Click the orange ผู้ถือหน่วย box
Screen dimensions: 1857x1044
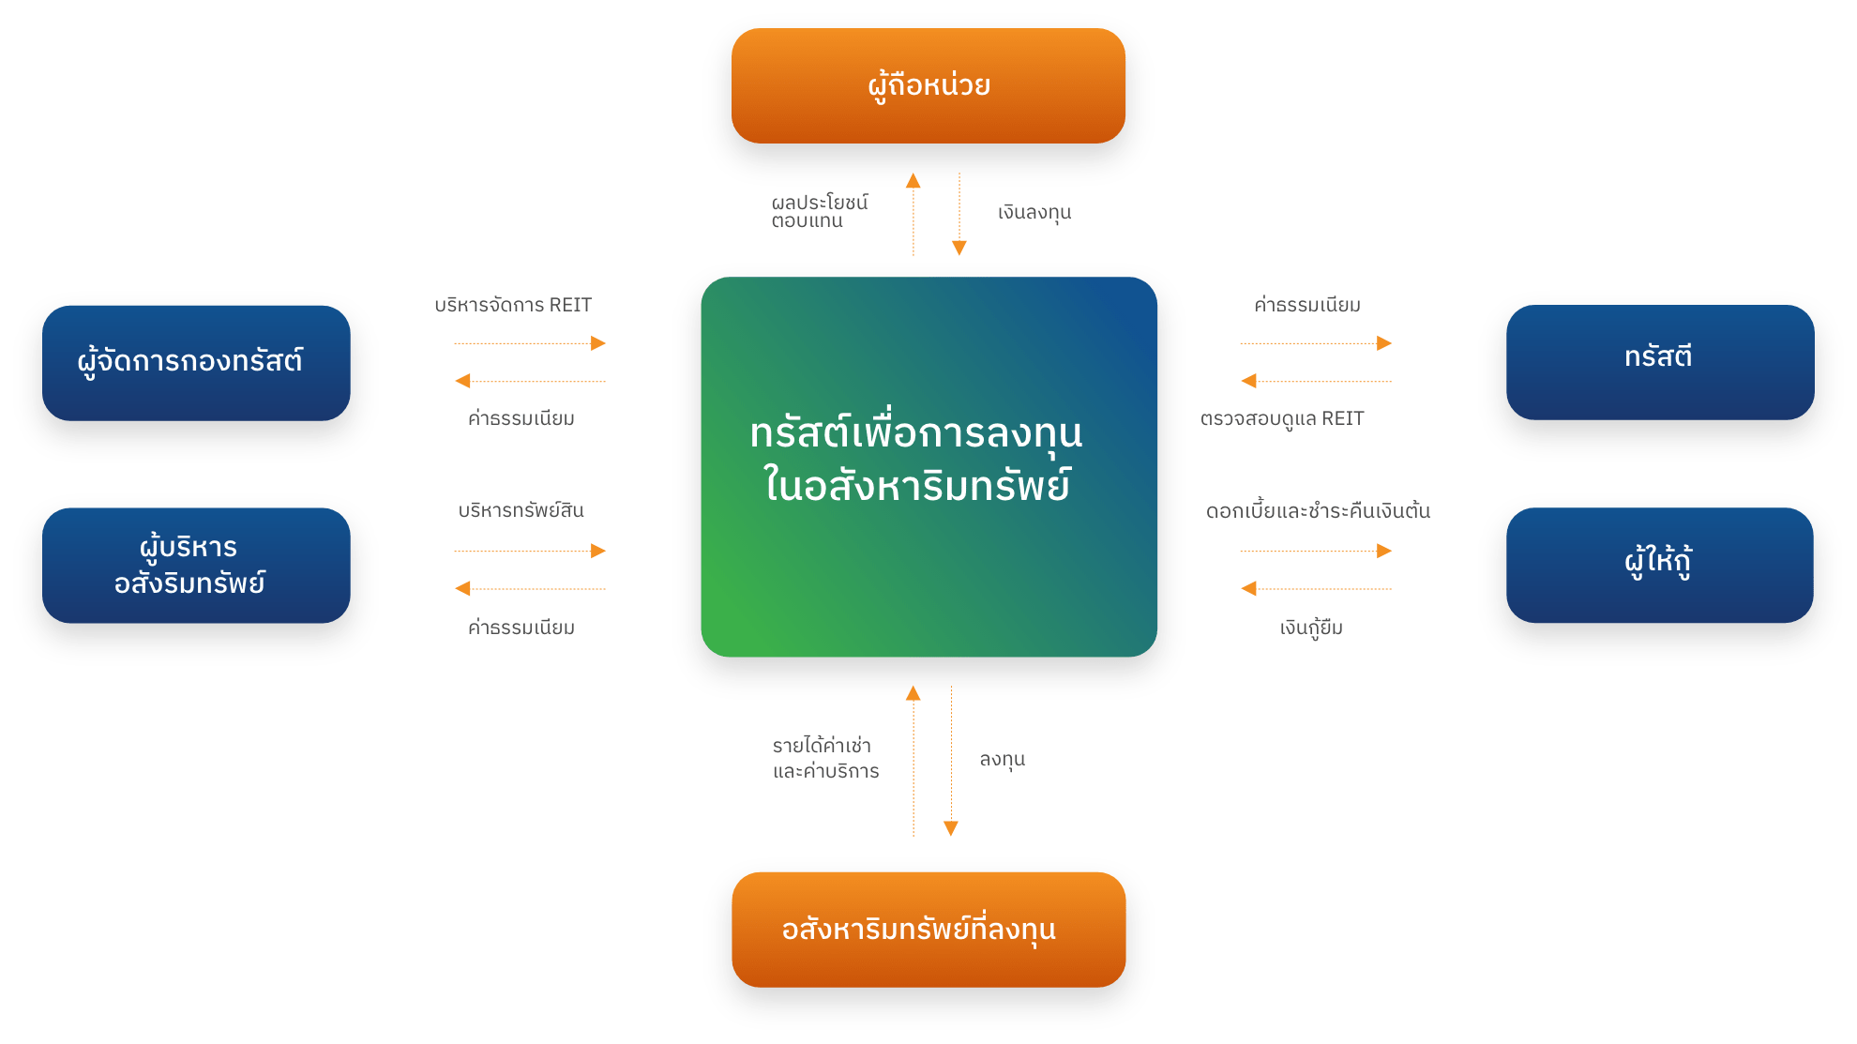tap(928, 85)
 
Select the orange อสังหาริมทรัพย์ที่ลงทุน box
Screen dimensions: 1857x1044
tap(928, 930)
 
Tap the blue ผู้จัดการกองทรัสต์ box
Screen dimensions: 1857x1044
tap(196, 363)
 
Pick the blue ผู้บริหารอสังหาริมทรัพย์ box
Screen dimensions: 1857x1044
tap(196, 566)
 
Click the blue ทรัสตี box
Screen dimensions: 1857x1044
tap(1660, 362)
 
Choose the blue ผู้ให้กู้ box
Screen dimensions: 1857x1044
tap(1660, 566)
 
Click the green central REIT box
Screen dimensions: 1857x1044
tap(929, 467)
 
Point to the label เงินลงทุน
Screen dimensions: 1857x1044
tap(1034, 213)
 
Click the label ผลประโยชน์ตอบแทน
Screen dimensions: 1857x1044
tap(820, 211)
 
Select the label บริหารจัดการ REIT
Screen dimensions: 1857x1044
tap(513, 305)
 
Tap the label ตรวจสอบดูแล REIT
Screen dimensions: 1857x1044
tap(1282, 418)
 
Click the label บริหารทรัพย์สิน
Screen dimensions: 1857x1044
tap(521, 509)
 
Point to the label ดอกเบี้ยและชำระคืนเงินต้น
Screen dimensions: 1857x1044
tap(1318, 510)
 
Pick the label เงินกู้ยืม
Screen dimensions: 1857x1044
tap(1311, 627)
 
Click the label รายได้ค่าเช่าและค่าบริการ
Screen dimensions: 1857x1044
tap(825, 758)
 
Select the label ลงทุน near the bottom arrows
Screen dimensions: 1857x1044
tap(1002, 759)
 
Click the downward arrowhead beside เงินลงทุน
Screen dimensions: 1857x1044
tap(959, 249)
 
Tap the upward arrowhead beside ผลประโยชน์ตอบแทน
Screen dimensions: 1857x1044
tap(913, 180)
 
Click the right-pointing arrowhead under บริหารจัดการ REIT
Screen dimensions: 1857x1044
tap(598, 343)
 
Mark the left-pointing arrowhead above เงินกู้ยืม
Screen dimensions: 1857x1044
tap(1248, 588)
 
